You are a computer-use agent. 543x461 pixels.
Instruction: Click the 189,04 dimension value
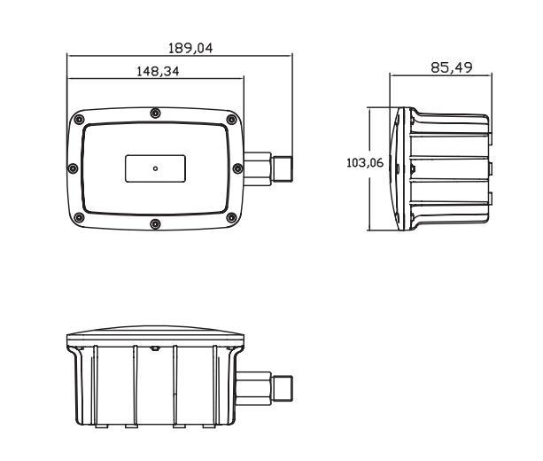pyautogui.click(x=190, y=48)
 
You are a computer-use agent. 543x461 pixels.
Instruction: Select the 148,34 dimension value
pyautogui.click(x=158, y=72)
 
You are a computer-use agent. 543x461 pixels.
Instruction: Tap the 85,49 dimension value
pyautogui.click(x=452, y=67)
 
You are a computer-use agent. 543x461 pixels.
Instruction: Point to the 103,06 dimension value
pyautogui.click(x=365, y=162)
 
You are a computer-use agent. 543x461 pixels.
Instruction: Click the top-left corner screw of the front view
pyautogui.click(x=80, y=120)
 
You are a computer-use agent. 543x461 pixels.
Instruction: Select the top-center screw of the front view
pyautogui.click(x=156, y=113)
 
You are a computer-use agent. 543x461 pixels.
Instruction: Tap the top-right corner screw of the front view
pyautogui.click(x=231, y=120)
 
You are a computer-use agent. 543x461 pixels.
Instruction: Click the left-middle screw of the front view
pyautogui.click(x=73, y=168)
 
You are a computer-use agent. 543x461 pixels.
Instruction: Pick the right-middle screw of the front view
pyautogui.click(x=237, y=168)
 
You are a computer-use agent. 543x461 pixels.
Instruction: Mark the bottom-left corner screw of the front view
pyautogui.click(x=80, y=218)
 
